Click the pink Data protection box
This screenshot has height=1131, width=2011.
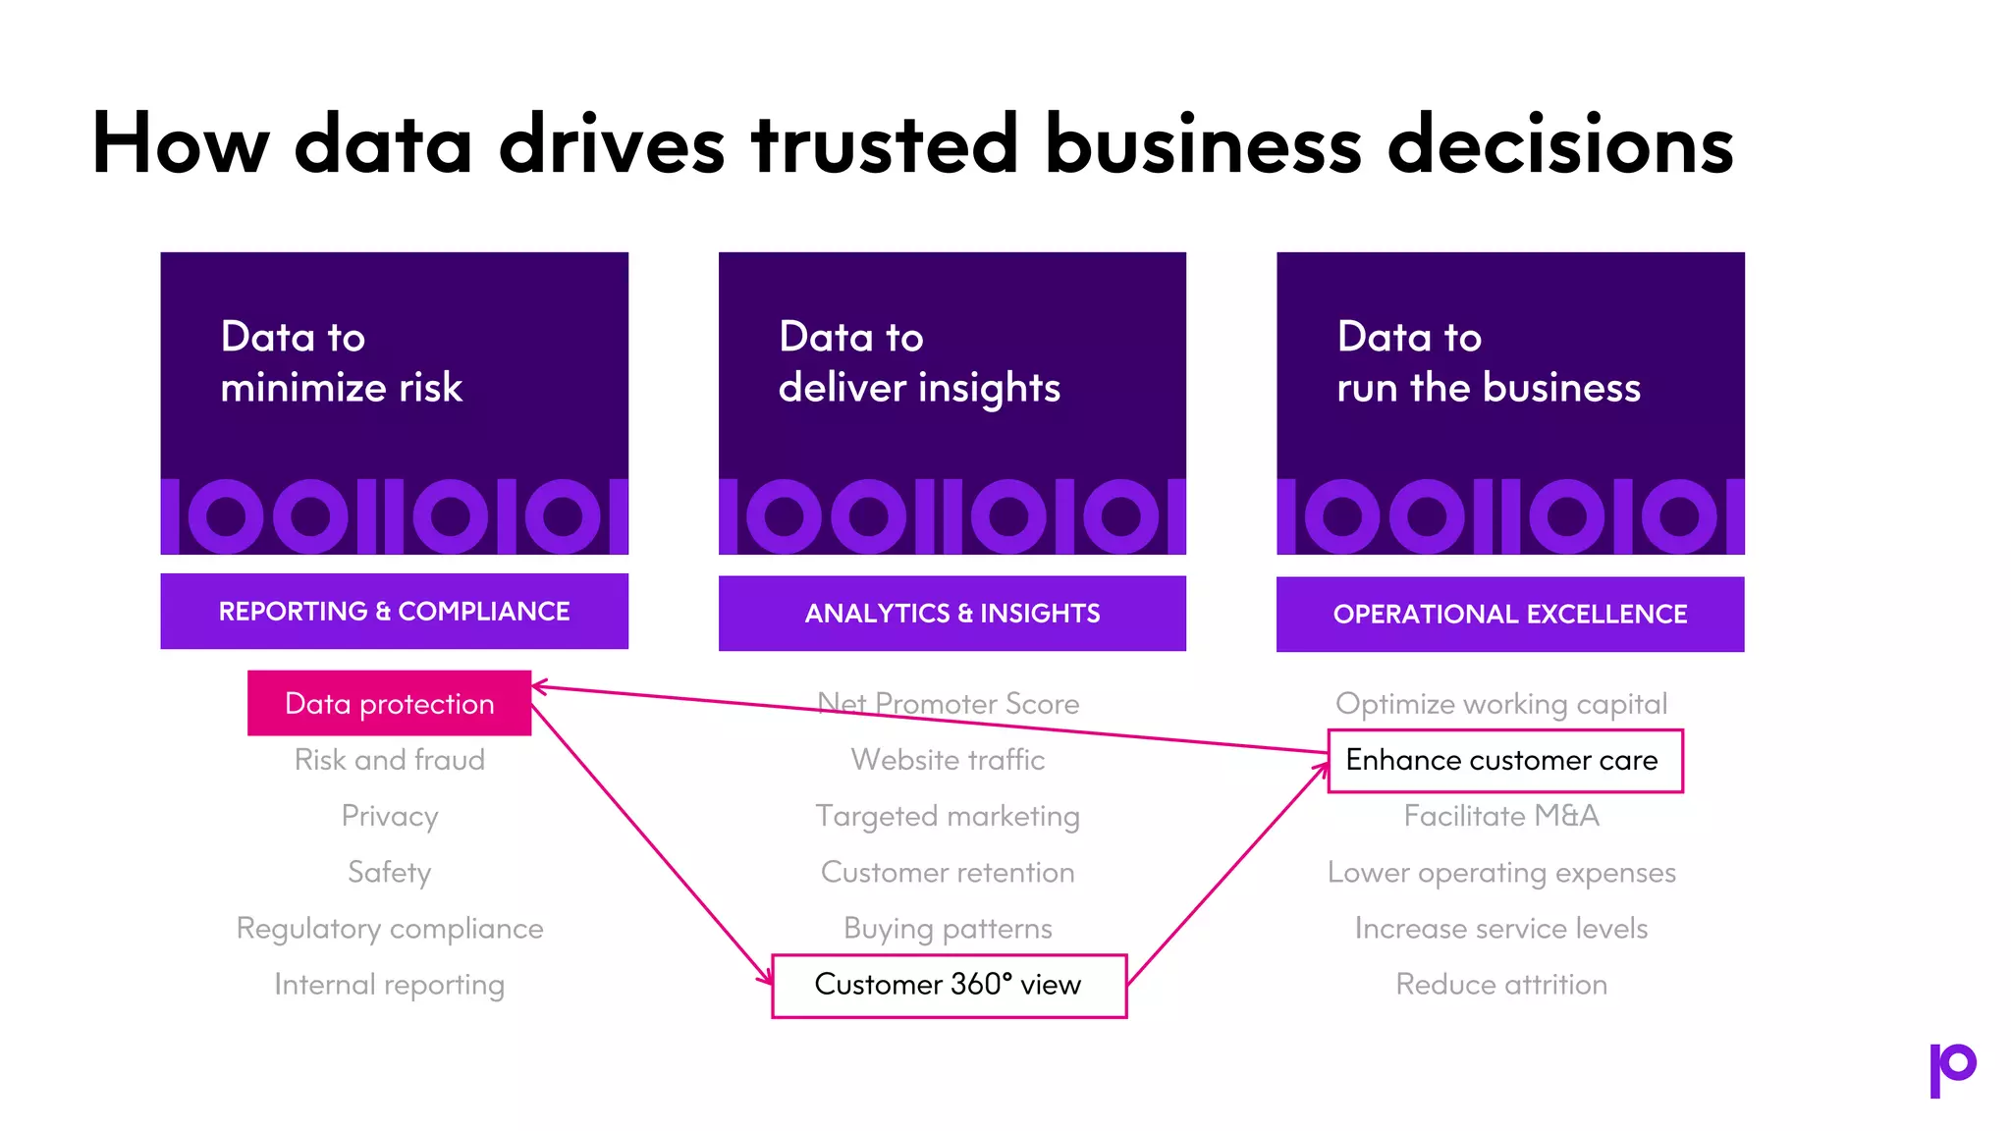pyautogui.click(x=389, y=703)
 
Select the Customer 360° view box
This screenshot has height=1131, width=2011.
pyautogui.click(x=949, y=986)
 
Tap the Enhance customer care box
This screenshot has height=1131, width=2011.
pyautogui.click(x=1504, y=761)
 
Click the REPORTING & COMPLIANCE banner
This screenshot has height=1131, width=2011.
pyautogui.click(x=394, y=612)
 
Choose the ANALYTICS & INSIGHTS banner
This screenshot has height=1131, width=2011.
pyautogui.click(x=951, y=614)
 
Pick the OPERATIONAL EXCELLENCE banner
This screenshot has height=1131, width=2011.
pyautogui.click(x=1509, y=615)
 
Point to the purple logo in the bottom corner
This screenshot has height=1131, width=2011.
pyautogui.click(x=1952, y=1069)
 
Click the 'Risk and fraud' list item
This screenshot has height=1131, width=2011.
pyautogui.click(x=390, y=760)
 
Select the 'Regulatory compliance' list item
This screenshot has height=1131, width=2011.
pyautogui.click(x=390, y=929)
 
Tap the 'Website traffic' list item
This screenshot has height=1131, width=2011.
pyautogui.click(x=948, y=760)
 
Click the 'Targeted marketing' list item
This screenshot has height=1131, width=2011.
pyautogui.click(x=948, y=816)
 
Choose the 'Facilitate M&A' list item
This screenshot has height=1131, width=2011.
pyautogui.click(x=1501, y=816)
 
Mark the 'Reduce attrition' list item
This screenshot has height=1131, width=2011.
pyautogui.click(x=1501, y=985)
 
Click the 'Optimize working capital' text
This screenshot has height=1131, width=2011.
pyautogui.click(x=1501, y=704)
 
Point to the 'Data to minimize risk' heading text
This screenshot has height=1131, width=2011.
pyautogui.click(x=341, y=362)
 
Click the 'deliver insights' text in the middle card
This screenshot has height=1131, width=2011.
pyautogui.click(x=919, y=388)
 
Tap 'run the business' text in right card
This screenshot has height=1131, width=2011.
pyautogui.click(x=1488, y=388)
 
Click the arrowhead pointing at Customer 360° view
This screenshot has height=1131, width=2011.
pyautogui.click(x=766, y=978)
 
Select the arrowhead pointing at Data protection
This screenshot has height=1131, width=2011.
pyautogui.click(x=539, y=686)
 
